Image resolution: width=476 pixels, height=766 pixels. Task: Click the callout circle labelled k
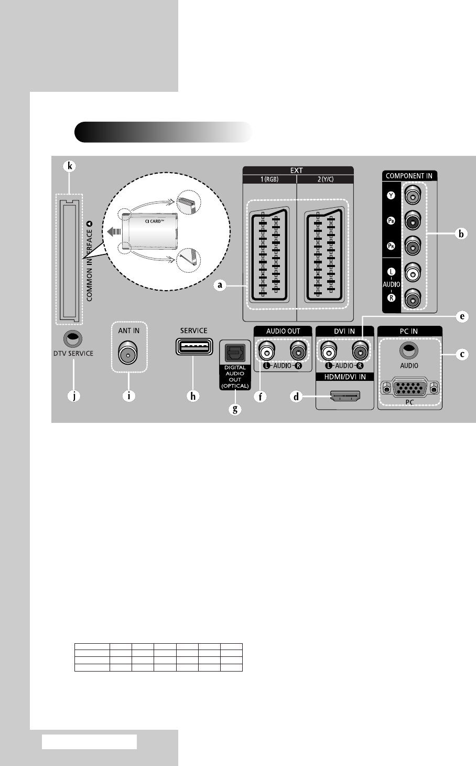pos(68,166)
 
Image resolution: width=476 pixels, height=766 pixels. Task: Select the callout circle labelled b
pos(461,233)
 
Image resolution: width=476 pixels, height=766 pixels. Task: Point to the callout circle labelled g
pos(234,409)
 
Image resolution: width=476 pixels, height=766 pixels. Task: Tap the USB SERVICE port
pos(193,347)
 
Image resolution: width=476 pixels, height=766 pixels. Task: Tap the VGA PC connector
pos(409,389)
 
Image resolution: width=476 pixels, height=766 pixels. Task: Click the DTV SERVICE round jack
pos(73,339)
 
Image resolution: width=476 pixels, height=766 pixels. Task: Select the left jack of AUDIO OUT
pos(268,349)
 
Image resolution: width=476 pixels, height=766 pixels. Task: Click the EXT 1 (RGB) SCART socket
pos(269,257)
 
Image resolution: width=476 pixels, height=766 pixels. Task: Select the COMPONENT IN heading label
pos(409,176)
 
